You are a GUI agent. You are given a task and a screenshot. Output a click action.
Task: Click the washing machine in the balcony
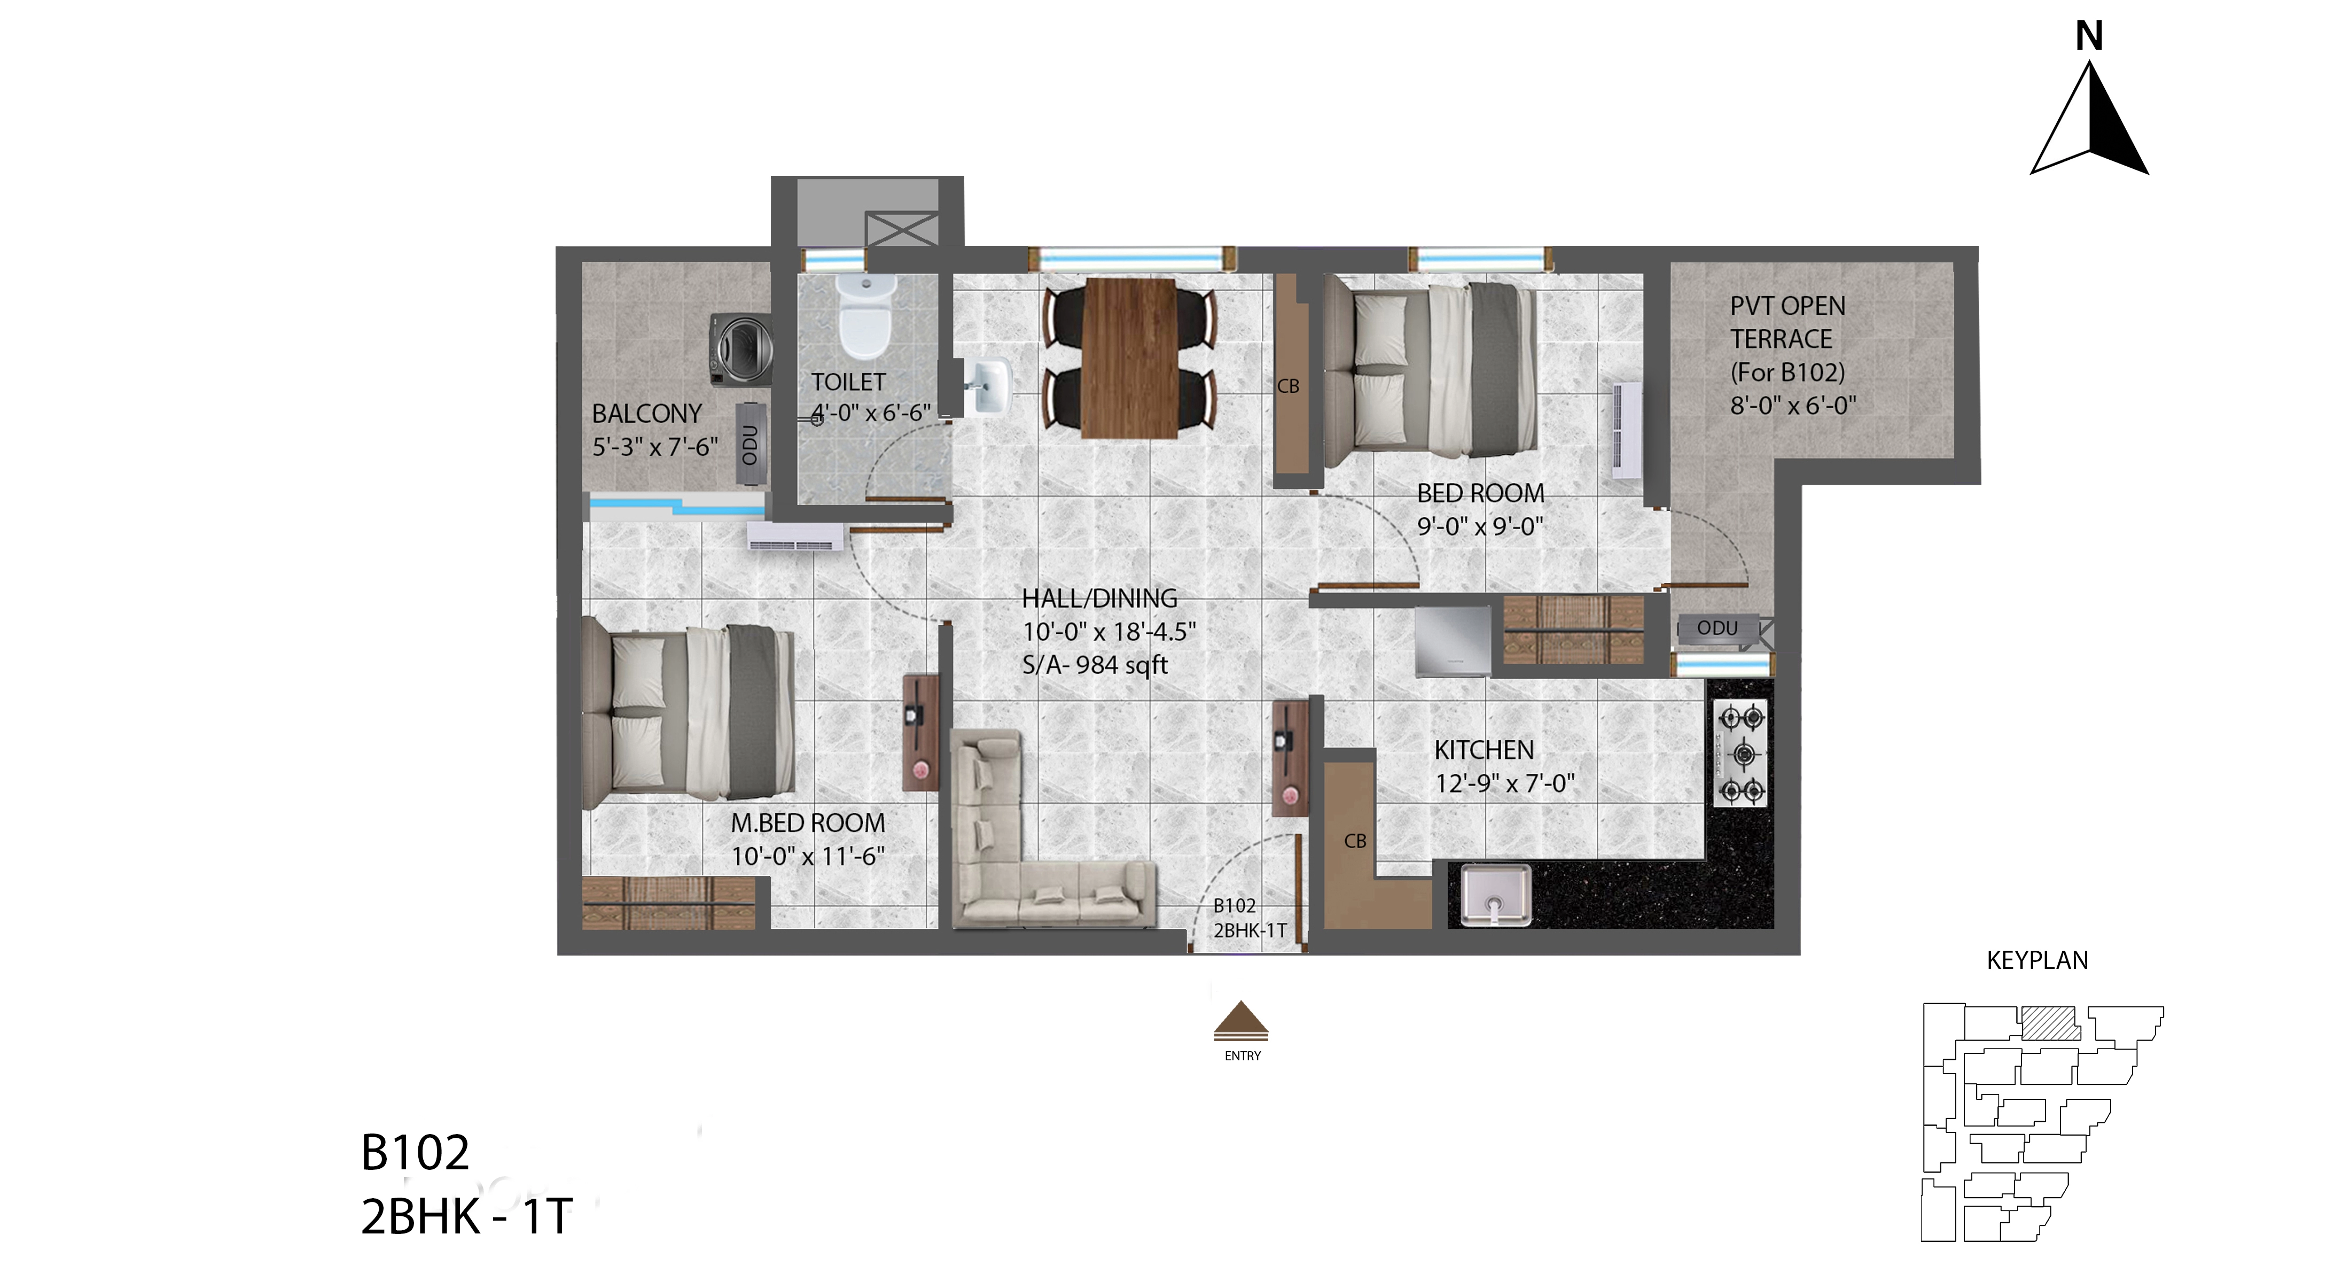pyautogui.click(x=741, y=350)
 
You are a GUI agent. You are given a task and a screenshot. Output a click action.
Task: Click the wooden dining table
pyautogui.click(x=1130, y=358)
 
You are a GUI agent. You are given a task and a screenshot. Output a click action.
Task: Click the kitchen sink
pyautogui.click(x=1496, y=896)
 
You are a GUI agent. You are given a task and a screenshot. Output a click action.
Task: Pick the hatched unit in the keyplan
pyautogui.click(x=2050, y=1023)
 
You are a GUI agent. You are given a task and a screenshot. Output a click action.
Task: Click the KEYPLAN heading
pyautogui.click(x=2037, y=960)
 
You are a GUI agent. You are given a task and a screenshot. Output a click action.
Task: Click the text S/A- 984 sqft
pyautogui.click(x=1095, y=665)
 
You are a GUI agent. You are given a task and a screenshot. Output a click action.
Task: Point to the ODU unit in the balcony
pyautogui.click(x=751, y=444)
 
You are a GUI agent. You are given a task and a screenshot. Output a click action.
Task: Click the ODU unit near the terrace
pyautogui.click(x=1718, y=628)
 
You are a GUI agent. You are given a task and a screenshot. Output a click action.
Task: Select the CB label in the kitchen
pyautogui.click(x=1355, y=841)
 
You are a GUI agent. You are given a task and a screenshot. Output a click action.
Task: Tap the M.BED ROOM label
pyautogui.click(x=807, y=824)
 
